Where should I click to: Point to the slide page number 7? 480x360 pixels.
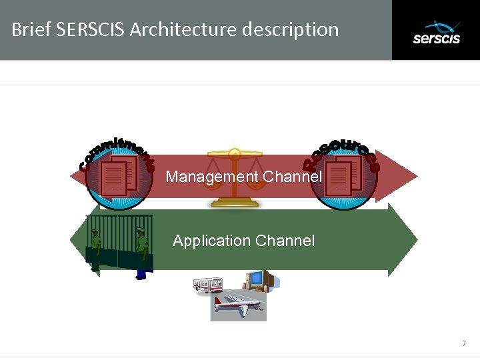(464, 343)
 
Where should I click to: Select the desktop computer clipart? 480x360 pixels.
(258, 281)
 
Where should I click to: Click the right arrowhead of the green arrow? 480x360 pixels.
(403, 239)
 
